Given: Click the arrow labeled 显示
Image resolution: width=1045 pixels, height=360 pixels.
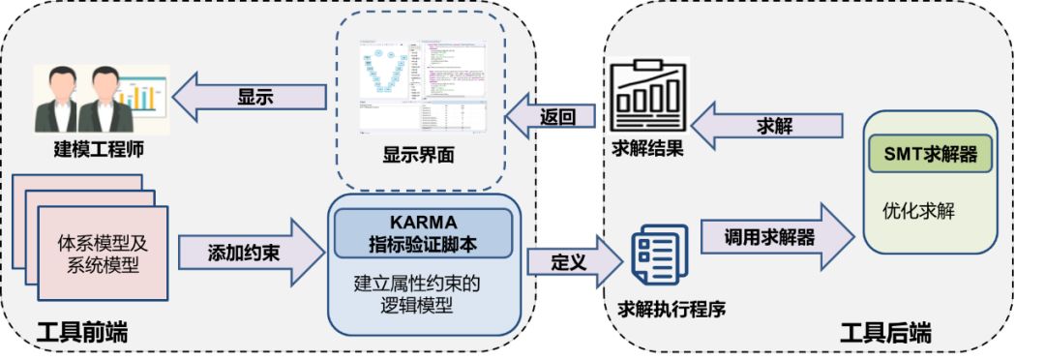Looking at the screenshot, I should click(x=253, y=97).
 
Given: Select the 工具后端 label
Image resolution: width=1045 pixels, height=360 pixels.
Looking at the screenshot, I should click(x=884, y=334).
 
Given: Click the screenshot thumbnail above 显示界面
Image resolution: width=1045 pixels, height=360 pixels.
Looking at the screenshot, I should click(x=423, y=88).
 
